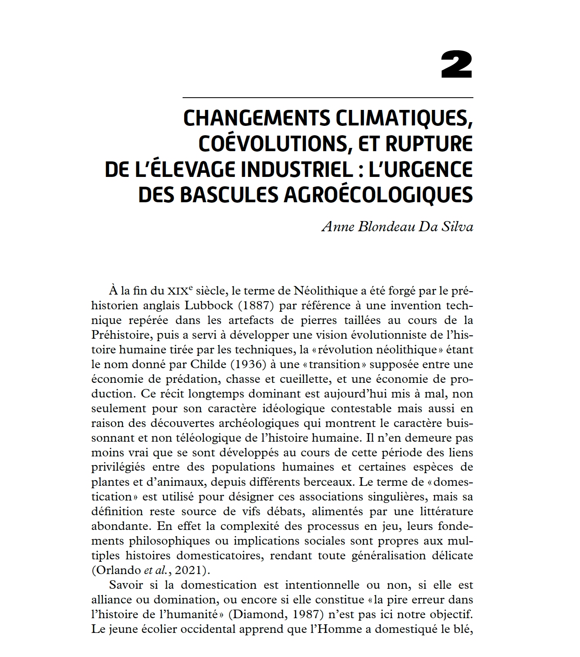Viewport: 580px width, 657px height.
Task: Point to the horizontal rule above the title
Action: pyautogui.click(x=327, y=98)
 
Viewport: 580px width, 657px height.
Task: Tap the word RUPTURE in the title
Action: pyautogui.click(x=435, y=144)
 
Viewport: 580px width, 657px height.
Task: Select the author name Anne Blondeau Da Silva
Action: pyautogui.click(x=397, y=227)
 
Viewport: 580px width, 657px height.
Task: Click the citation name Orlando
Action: pyautogui.click(x=116, y=570)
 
